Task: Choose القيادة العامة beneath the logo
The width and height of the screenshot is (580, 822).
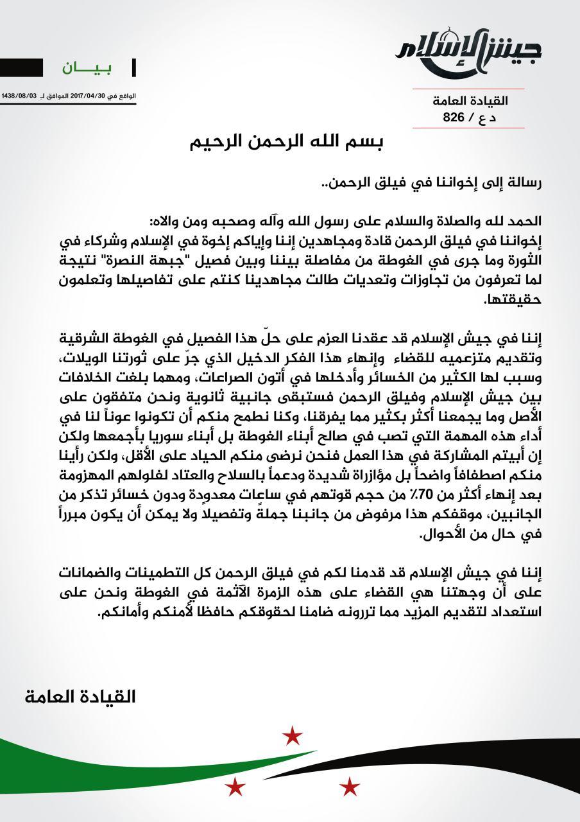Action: (470, 101)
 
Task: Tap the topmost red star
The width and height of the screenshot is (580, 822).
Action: (293, 735)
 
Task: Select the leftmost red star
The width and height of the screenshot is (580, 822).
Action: (235, 785)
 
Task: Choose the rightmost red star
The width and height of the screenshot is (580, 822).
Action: (349, 785)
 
